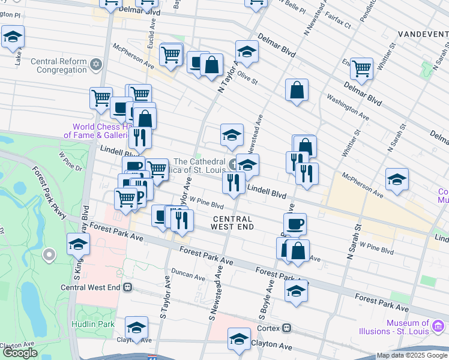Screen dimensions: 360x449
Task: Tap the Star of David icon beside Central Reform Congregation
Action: (95, 64)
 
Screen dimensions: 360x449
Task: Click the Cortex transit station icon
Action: (288, 328)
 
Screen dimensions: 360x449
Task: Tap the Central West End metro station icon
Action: (127, 287)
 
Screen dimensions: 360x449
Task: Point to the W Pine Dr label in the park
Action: (70, 163)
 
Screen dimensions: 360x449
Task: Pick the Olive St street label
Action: (247, 77)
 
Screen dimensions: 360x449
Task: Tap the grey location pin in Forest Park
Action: (49, 255)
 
